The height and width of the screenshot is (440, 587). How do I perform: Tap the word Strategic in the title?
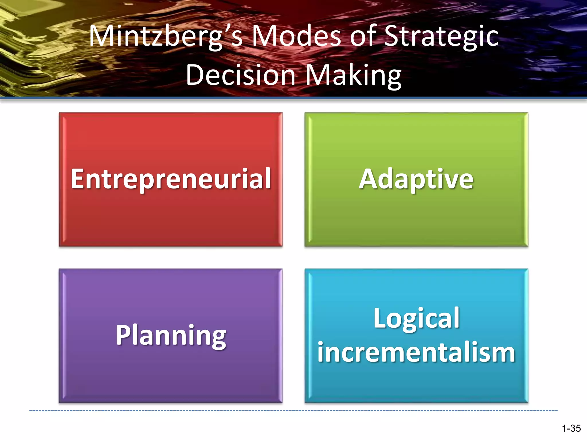[441, 37]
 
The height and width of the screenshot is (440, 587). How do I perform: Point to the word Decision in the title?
[241, 75]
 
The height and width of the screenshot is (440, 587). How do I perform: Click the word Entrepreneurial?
[171, 179]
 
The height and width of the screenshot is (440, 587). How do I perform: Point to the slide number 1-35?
[571, 429]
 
